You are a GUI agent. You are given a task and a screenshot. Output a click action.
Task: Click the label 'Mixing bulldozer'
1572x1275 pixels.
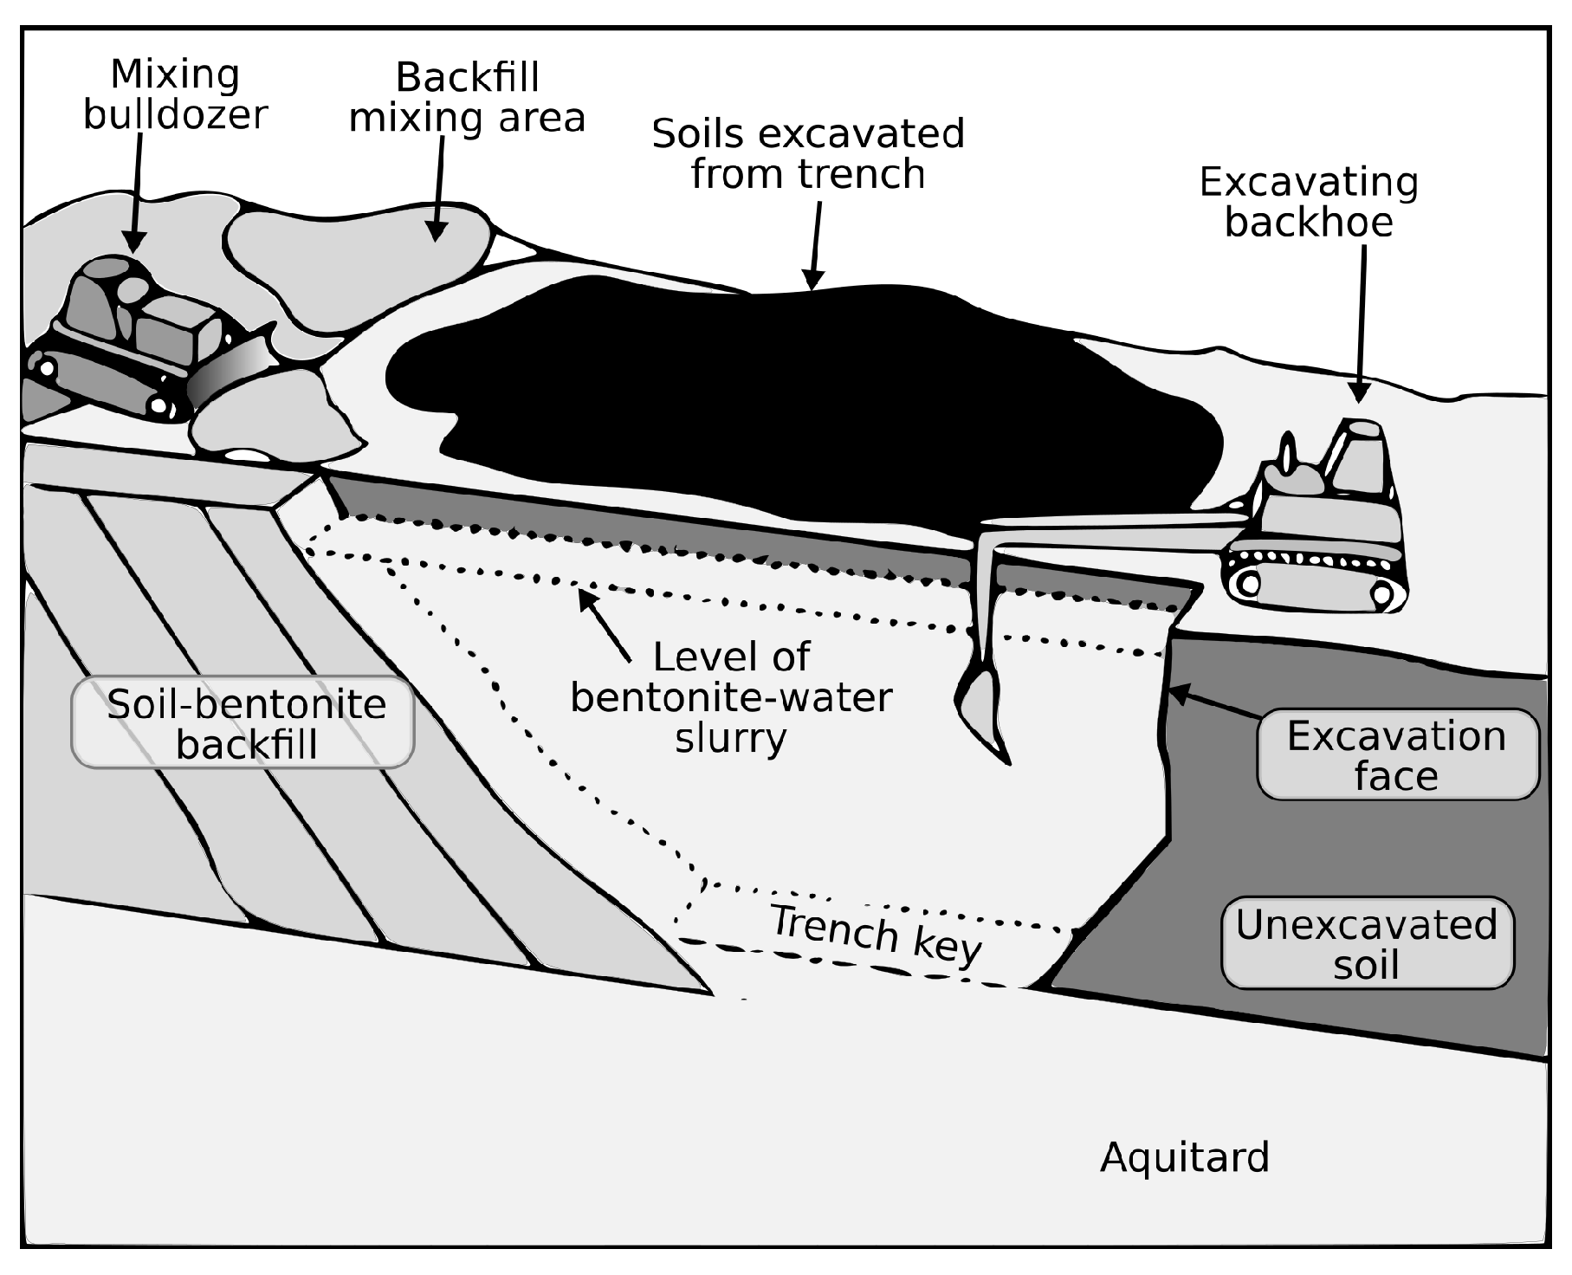[175, 94]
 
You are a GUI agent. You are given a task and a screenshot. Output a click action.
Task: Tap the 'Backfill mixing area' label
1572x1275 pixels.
[467, 97]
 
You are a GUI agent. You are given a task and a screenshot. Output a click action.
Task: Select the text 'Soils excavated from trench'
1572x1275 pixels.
[807, 153]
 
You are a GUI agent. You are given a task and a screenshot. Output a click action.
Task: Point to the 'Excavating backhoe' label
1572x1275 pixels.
[1308, 202]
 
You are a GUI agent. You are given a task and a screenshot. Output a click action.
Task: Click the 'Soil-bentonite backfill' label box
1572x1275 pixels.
[243, 723]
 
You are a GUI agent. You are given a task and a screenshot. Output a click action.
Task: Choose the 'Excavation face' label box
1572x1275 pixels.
[1396, 754]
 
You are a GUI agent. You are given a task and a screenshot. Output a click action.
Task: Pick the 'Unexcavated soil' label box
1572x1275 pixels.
[1367, 943]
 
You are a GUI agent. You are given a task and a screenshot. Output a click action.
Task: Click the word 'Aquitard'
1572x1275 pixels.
[1184, 1157]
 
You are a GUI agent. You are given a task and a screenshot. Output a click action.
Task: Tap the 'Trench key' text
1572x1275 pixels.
[876, 934]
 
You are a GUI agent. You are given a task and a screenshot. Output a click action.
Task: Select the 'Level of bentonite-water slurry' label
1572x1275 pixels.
[731, 697]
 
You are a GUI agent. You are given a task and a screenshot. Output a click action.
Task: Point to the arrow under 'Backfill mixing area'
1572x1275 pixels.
[439, 186]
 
